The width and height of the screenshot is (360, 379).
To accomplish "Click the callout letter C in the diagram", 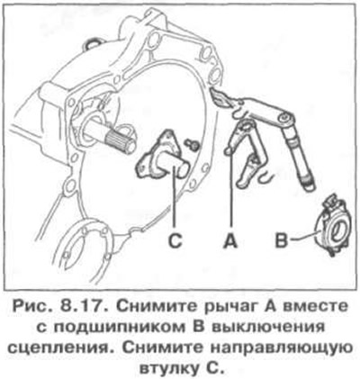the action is point(175,240).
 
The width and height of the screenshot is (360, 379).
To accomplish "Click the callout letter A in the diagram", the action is point(230,240).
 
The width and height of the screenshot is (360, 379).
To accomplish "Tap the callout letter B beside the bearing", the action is point(282,240).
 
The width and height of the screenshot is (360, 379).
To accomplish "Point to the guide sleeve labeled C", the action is point(164,156).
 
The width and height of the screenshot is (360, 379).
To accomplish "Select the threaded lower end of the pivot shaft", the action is point(309,184).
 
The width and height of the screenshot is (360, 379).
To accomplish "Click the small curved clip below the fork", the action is point(265,177).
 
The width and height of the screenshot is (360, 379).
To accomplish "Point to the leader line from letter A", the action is point(230,191).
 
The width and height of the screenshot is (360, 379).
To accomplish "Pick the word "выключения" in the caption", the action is point(264,327).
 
